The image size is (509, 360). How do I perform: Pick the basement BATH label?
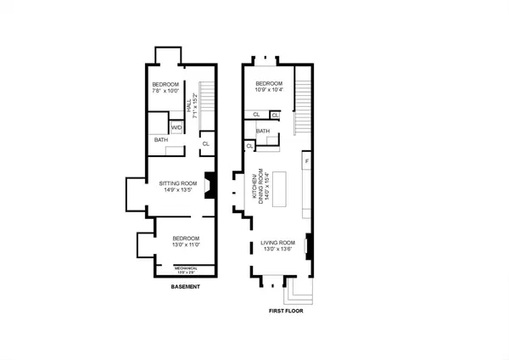coord(160,141)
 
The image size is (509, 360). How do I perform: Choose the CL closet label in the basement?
coord(205,144)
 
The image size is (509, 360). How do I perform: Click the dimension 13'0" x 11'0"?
coord(185,245)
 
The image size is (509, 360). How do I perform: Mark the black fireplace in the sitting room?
coord(214,186)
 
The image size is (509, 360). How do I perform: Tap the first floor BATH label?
coord(263,132)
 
